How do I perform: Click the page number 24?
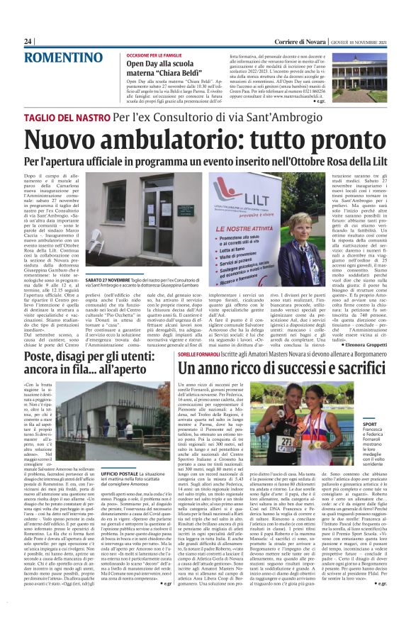point(28,42)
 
